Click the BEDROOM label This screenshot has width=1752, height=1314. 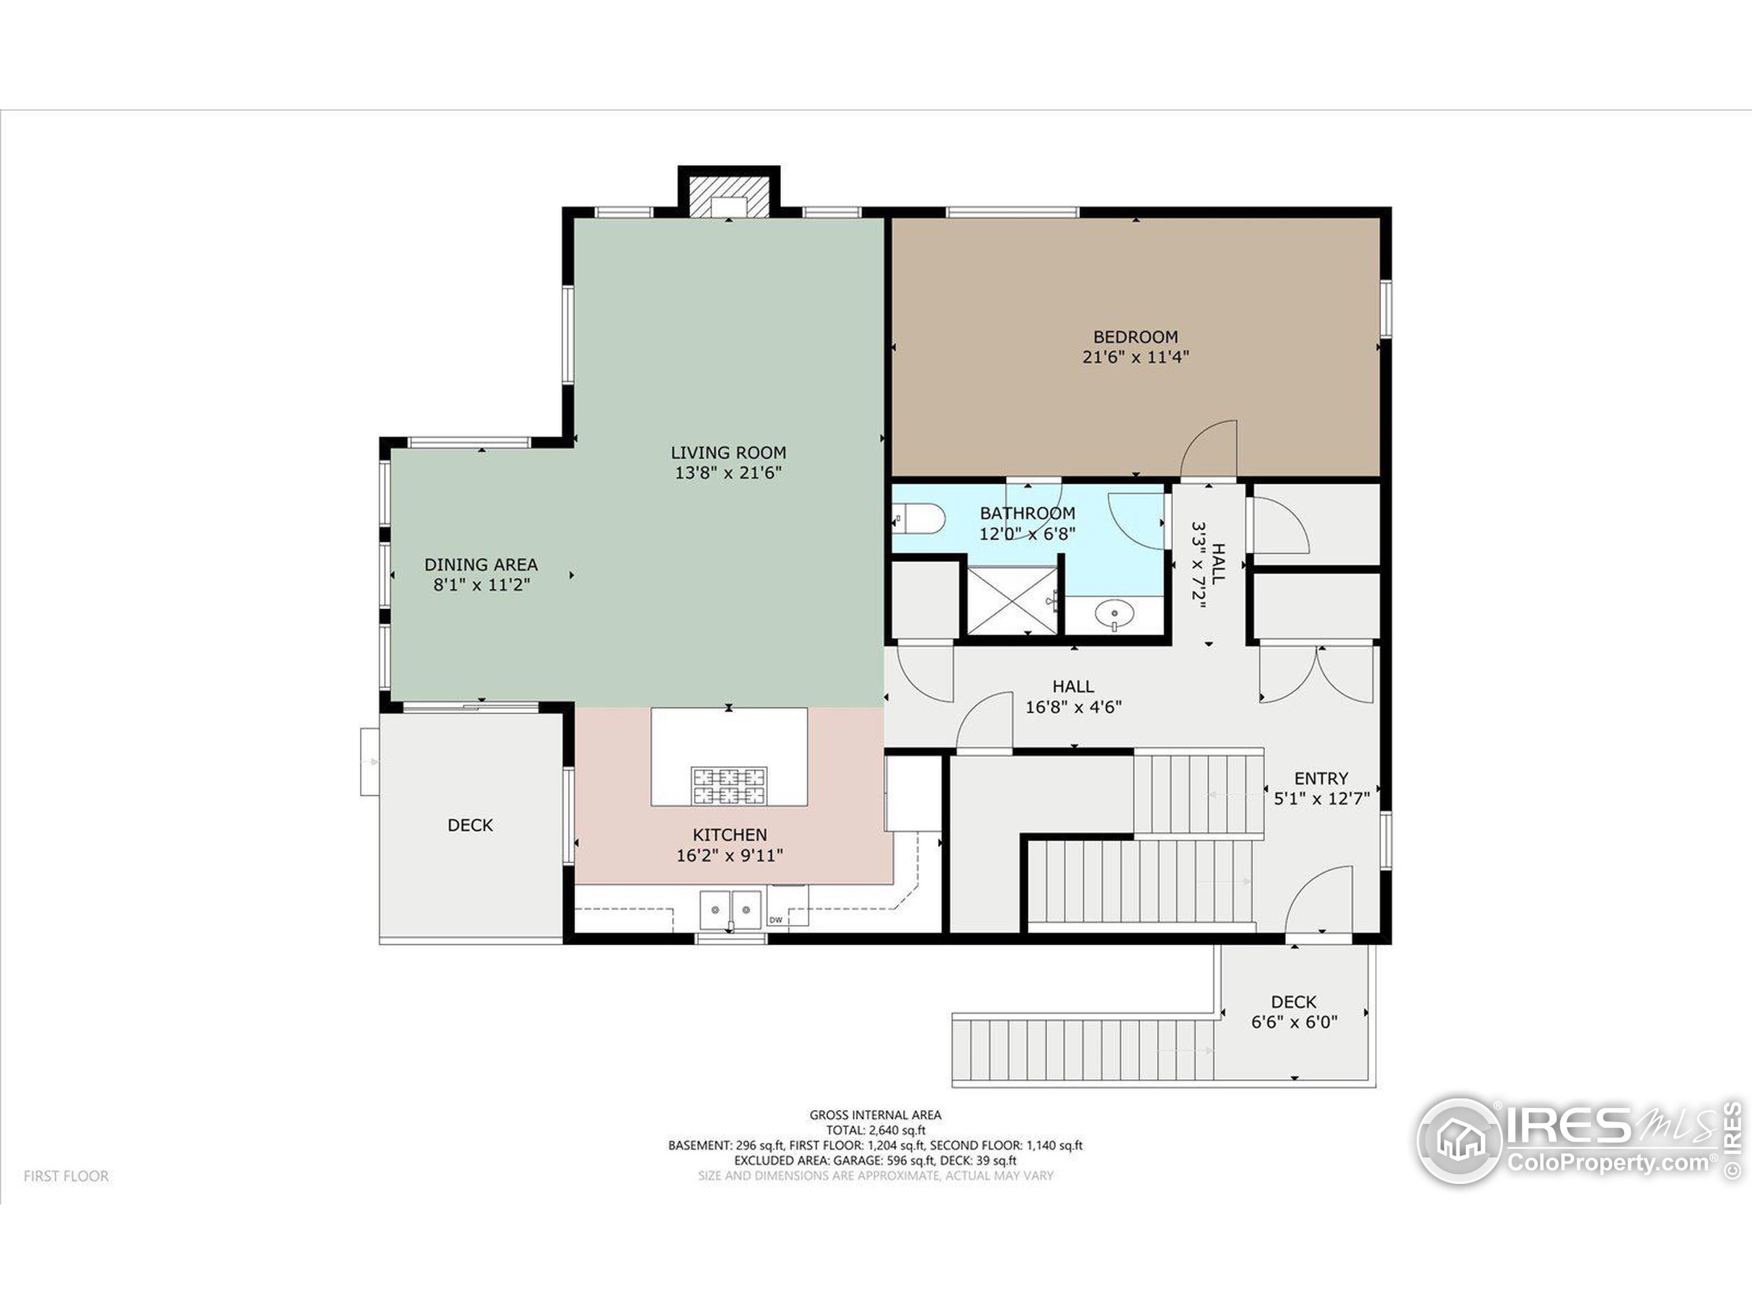point(1135,337)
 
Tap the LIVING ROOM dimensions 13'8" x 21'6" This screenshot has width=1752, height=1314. point(728,473)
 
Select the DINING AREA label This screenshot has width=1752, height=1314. point(480,565)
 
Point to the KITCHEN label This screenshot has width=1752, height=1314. point(730,835)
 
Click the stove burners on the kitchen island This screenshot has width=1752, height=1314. point(730,785)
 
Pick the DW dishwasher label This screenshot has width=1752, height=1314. point(775,920)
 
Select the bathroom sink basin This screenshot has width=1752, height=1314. point(1114,613)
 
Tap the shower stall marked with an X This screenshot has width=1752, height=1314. point(1012,600)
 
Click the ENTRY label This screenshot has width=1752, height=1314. point(1320,779)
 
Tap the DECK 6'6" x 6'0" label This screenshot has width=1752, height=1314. point(1293,1012)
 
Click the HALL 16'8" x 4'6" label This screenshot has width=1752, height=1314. point(1073,697)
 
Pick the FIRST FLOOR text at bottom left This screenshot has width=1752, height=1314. point(66,1176)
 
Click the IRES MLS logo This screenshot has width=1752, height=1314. point(1576,1141)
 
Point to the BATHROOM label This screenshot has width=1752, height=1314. point(1027,513)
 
